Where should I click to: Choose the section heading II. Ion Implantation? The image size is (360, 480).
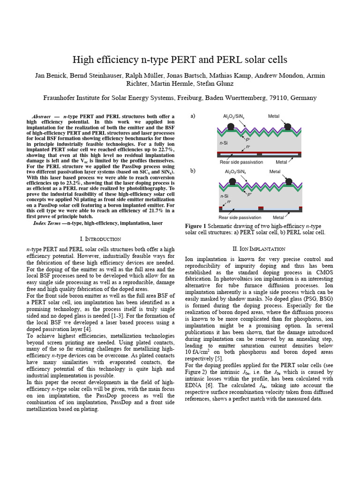tap(259, 248)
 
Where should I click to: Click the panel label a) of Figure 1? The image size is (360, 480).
tap(193, 116)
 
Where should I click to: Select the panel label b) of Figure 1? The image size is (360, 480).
tap(193, 171)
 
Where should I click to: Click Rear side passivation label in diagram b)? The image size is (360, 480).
tap(240, 217)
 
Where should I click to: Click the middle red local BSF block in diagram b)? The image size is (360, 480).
tap(261, 208)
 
